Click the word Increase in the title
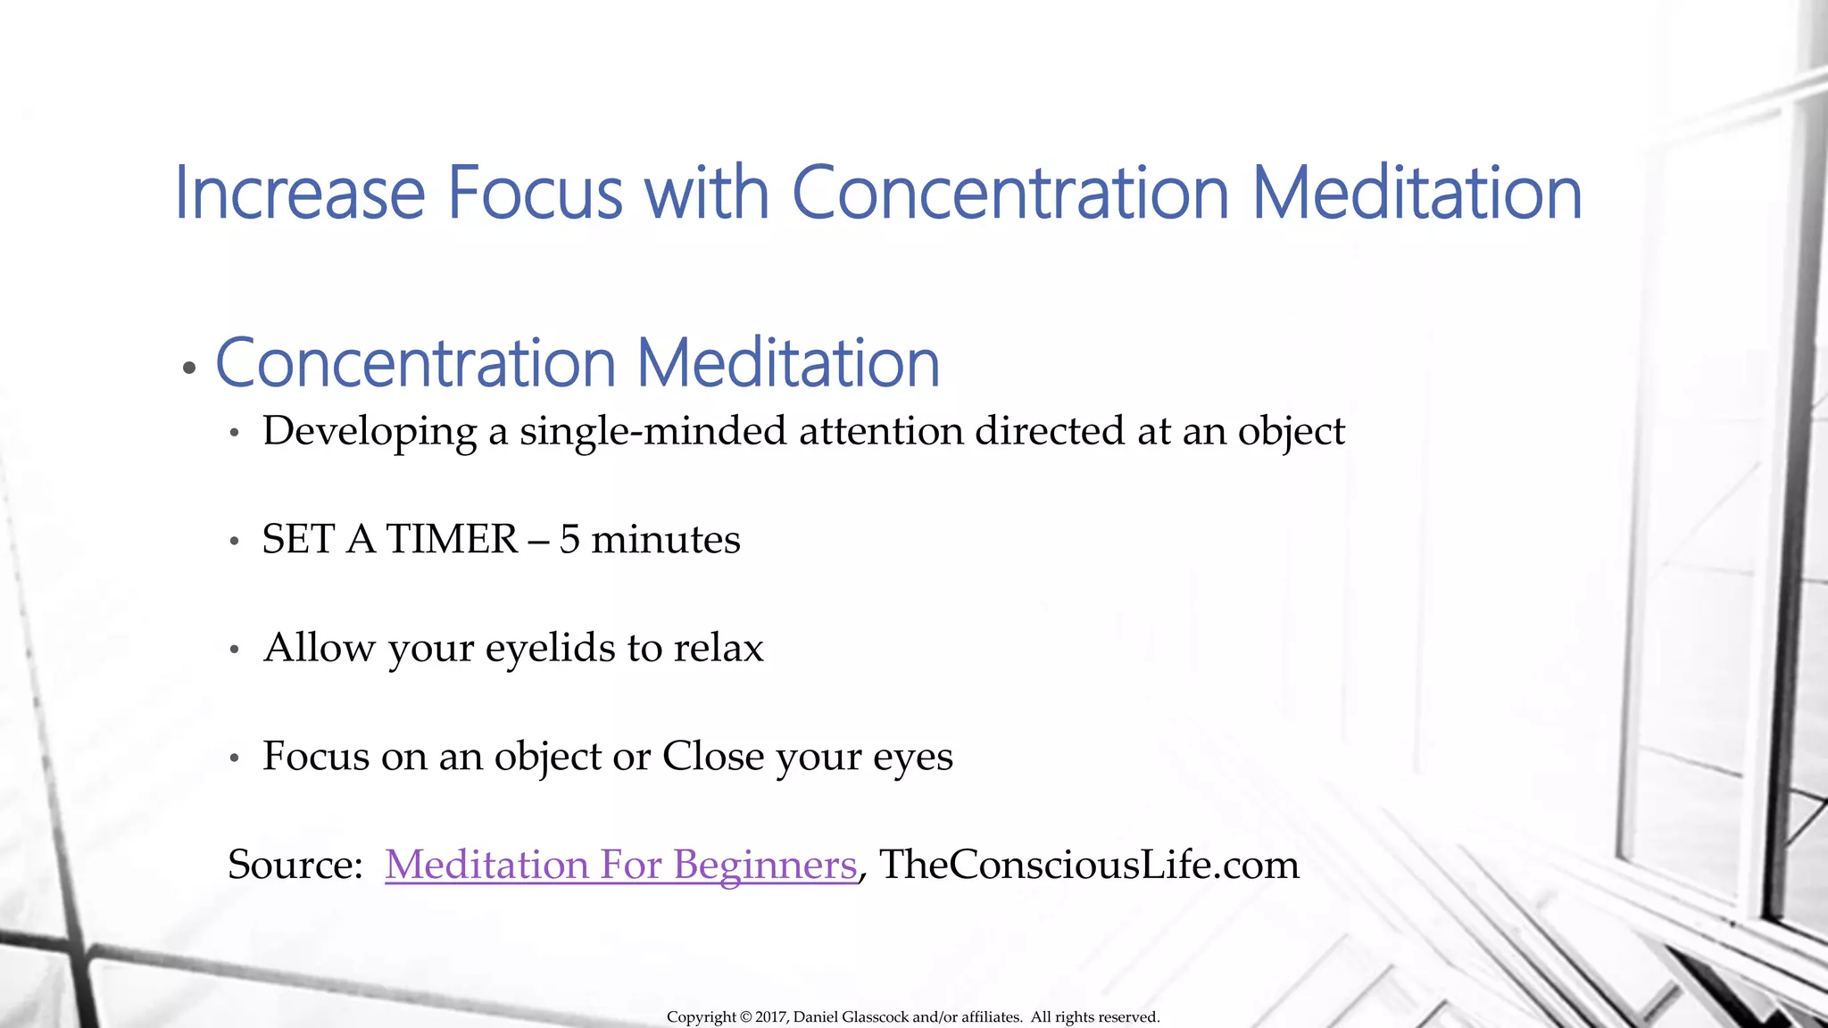[x=299, y=193]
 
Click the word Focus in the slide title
[x=534, y=193]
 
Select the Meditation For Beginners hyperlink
[x=620, y=865]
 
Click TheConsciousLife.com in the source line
[x=1089, y=865]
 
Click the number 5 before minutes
[x=569, y=540]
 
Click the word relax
[x=719, y=649]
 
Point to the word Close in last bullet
[x=712, y=757]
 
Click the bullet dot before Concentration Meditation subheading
[x=188, y=368]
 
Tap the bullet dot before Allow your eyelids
[x=235, y=650]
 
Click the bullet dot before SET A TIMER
[x=235, y=541]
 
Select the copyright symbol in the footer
[x=744, y=1017]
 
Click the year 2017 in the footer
[x=770, y=1017]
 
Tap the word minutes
[x=665, y=540]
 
